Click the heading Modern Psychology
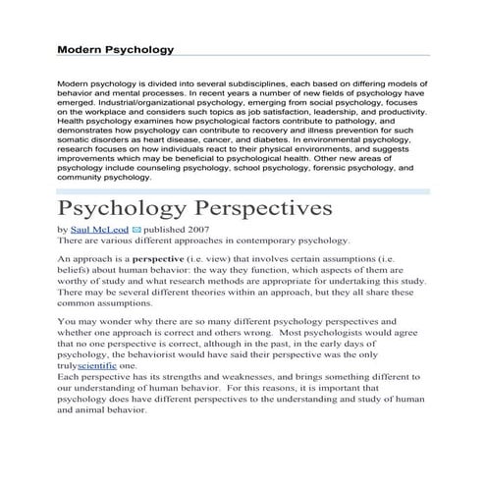tap(115, 48)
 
